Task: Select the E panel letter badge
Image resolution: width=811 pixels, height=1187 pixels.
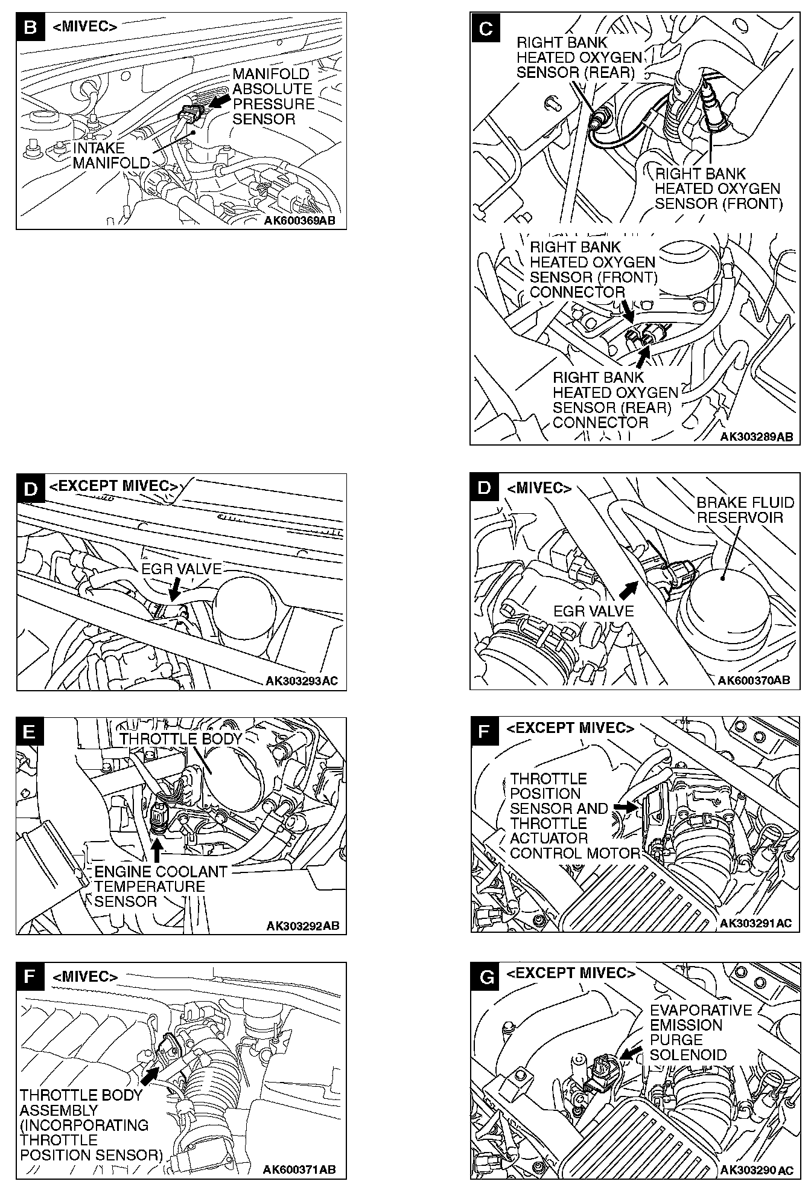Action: point(31,732)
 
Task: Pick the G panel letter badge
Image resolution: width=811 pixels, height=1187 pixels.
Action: point(485,977)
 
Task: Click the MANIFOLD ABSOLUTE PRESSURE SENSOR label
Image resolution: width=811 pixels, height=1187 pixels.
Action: point(273,97)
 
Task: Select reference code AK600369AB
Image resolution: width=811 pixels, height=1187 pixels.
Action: point(299,221)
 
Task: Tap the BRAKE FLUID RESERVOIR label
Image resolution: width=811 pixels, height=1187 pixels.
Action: point(745,510)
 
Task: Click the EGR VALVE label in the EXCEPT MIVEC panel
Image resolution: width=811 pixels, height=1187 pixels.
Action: point(181,569)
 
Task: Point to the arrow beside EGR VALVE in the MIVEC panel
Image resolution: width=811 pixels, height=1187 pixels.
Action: point(629,587)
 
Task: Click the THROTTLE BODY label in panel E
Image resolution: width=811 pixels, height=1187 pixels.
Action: point(180,739)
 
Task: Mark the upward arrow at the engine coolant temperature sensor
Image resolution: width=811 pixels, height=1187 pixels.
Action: point(157,849)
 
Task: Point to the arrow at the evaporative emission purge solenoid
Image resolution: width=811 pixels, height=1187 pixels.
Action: point(631,1052)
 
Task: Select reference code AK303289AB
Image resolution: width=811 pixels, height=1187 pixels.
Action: point(755,437)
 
